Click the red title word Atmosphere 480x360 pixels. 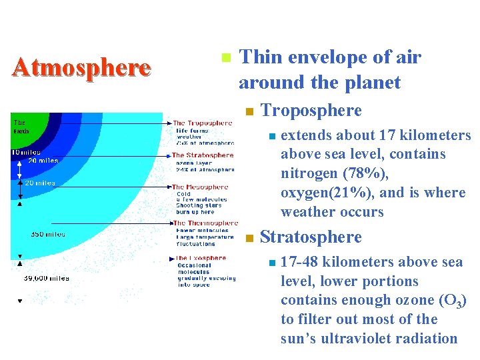point(81,67)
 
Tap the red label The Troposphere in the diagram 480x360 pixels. point(203,123)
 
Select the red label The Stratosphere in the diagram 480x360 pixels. point(203,155)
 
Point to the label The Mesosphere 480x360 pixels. point(200,187)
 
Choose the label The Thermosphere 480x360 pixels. point(205,223)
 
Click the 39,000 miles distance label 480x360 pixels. point(46,278)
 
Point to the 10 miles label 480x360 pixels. point(26,153)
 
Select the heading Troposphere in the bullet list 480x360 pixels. point(311,111)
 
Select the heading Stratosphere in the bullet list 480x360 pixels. point(311,237)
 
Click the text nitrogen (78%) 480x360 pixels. point(329,173)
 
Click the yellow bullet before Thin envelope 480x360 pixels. point(226,58)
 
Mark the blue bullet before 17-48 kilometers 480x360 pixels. point(269,263)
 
